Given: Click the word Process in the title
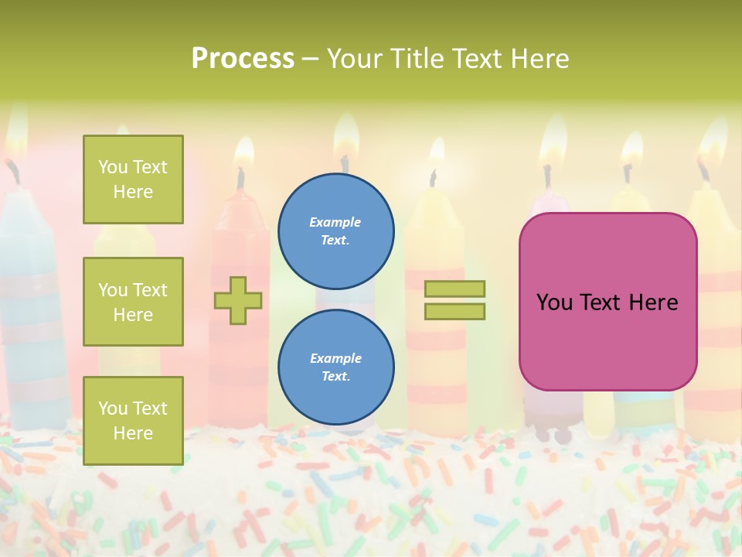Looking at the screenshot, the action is pos(243,59).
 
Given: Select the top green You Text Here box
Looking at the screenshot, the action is pos(133,179).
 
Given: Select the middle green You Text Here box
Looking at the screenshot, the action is pos(133,302).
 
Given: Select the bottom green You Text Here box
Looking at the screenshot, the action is pos(133,421).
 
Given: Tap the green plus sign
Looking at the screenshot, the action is pos(238,300).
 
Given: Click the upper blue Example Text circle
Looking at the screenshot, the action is pos(335,231).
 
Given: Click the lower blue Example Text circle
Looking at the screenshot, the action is pos(335,367).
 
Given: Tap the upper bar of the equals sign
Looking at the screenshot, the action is pos(455,289).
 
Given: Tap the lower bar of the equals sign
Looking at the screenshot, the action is pos(455,312).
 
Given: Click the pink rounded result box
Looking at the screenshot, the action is pos(608,302).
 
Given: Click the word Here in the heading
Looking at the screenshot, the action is pos(539,59).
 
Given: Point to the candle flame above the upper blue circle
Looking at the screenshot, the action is pos(345,143).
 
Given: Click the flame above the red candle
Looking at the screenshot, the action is pos(243,152).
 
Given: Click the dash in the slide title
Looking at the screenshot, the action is pos(311,59).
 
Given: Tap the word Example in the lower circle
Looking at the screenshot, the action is pos(335,358).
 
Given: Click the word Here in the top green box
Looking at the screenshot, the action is pos(133,192).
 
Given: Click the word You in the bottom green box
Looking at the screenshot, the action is pos(112,408).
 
